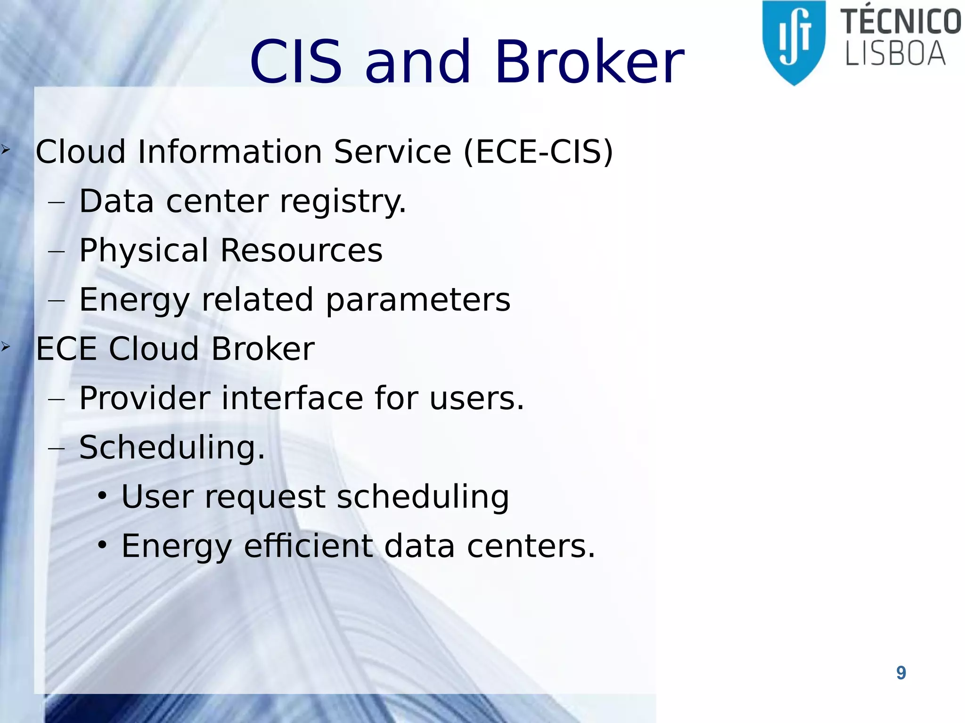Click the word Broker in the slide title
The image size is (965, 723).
(589, 62)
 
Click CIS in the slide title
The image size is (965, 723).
(295, 62)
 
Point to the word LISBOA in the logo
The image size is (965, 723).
(895, 54)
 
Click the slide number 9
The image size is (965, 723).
(901, 673)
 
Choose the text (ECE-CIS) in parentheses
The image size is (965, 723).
(539, 152)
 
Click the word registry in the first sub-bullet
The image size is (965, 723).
(343, 201)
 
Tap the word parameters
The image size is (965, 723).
(418, 300)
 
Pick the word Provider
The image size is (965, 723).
(145, 398)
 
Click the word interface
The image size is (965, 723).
(292, 398)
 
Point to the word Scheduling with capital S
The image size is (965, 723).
(172, 448)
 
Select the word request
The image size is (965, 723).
(265, 497)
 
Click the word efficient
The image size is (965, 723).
(309, 546)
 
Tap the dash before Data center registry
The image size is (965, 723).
(56, 202)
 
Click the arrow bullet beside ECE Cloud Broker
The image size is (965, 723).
(5, 347)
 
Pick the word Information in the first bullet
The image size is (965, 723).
(229, 152)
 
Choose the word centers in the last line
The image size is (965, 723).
(530, 546)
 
